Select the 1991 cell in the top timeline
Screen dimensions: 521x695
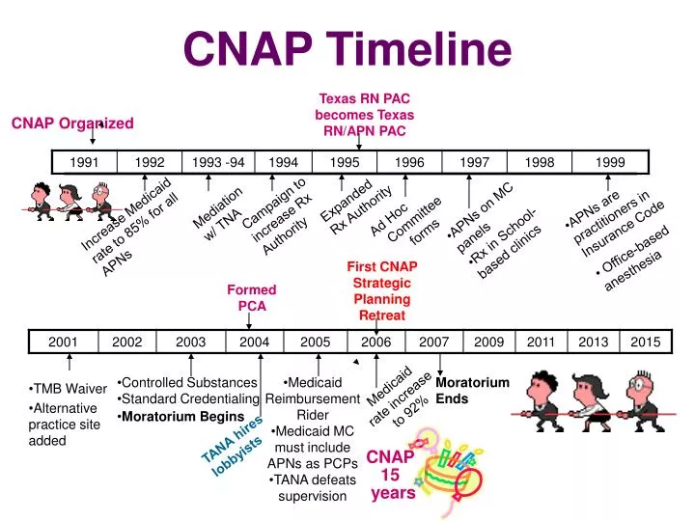pos(84,162)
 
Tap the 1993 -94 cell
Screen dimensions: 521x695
pos(218,162)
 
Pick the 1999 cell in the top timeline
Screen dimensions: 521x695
pos(609,162)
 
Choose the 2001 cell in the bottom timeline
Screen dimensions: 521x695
pos(64,342)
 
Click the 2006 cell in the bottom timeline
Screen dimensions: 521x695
pos(375,342)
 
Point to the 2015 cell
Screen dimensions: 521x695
pos(646,342)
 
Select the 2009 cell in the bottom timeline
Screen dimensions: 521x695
pos(489,342)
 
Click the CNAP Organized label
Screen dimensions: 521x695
pos(72,123)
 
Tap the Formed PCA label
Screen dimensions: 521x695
pos(251,297)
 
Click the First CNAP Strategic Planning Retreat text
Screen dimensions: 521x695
pos(383,290)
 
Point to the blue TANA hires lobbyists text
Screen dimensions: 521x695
pos(233,447)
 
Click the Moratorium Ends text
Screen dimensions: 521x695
pos(472,390)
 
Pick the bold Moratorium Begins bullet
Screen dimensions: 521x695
pos(182,416)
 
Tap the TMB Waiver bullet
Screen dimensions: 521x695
pos(68,388)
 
